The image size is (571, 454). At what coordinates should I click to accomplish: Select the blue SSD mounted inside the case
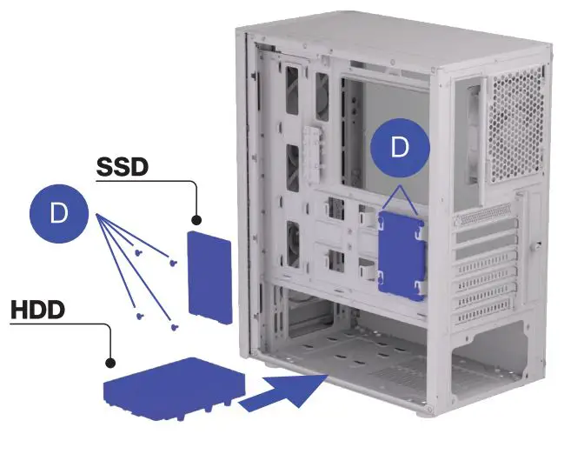(402, 254)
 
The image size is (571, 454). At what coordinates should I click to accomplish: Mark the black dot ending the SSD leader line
(196, 221)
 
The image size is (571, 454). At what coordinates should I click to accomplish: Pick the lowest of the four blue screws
(176, 328)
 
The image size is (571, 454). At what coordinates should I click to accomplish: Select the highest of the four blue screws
(139, 251)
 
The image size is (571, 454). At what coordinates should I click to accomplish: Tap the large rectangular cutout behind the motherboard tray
(383, 130)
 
